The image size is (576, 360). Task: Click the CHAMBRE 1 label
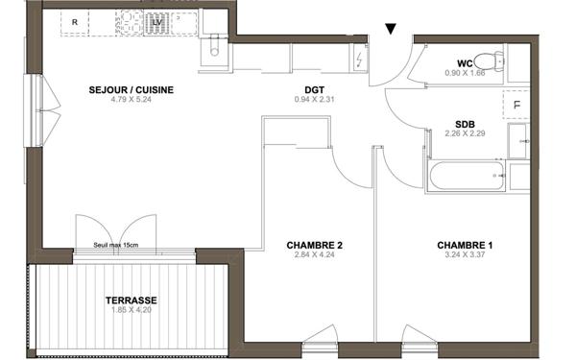click(x=465, y=246)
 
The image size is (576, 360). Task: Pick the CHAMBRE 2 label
click(x=314, y=246)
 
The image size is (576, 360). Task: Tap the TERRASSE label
click(x=132, y=300)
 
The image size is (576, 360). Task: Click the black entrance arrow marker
click(x=390, y=30)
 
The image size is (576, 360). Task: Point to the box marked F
click(x=516, y=104)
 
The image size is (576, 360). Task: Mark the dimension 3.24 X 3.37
click(x=465, y=256)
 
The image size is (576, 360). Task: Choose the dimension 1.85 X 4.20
click(x=132, y=311)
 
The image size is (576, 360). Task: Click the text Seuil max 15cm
click(x=116, y=246)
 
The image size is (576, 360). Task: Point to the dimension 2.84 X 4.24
click(x=314, y=256)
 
